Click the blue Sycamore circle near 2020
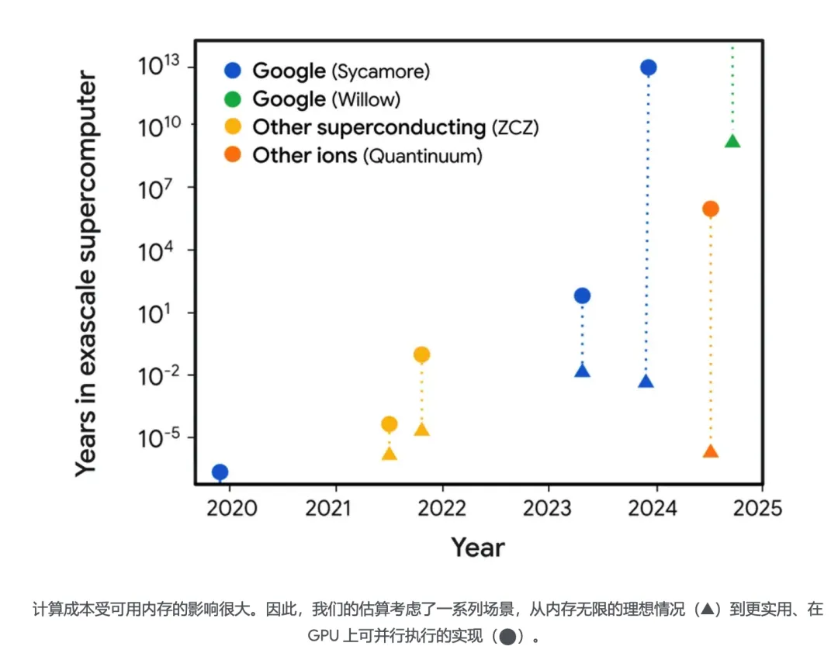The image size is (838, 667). (220, 472)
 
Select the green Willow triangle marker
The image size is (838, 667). (732, 141)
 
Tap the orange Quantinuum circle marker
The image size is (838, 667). (710, 209)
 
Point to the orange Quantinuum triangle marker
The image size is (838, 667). (710, 451)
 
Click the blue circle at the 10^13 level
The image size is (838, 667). (649, 67)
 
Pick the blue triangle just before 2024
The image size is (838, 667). (646, 381)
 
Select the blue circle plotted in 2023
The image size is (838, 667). (582, 295)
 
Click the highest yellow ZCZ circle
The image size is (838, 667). (421, 354)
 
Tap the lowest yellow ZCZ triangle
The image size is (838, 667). (390, 454)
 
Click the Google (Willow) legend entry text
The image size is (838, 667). (327, 99)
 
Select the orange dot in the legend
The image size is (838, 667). (233, 156)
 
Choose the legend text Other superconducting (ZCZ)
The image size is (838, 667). (395, 127)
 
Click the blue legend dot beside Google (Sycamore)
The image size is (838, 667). (233, 71)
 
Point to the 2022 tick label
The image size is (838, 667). (442, 510)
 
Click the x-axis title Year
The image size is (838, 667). (478, 548)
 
